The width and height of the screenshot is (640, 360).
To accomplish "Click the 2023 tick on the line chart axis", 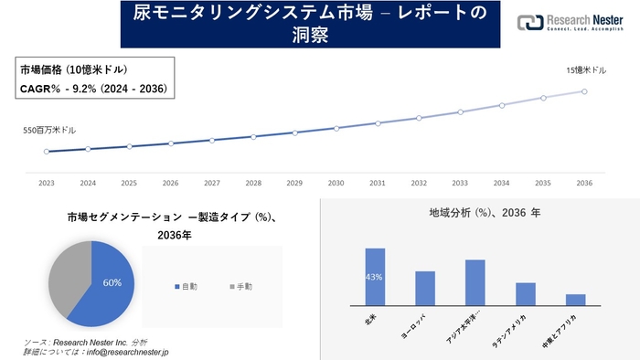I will (47, 183).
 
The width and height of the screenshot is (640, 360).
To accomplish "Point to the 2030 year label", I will (336, 183).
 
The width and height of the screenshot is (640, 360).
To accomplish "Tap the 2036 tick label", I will (584, 183).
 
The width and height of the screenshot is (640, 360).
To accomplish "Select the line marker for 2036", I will (584, 91).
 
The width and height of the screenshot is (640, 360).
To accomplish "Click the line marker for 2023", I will (47, 152).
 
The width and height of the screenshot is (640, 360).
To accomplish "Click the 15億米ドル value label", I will (586, 70).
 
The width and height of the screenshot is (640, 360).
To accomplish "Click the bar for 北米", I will (375, 277).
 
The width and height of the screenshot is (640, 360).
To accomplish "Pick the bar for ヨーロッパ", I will (425, 288).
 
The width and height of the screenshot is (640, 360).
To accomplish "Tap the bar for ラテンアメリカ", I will (525, 293).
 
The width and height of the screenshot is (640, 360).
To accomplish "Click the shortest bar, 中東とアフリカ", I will (575, 300).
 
